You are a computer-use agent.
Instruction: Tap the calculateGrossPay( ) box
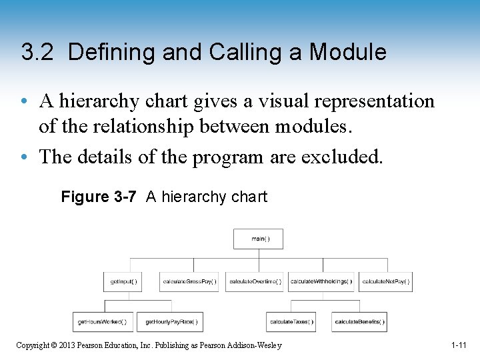click(189, 281)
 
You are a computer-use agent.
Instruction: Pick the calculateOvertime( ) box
click(255, 281)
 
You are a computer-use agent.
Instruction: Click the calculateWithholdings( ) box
click(321, 281)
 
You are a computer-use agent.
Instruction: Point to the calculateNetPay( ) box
click(386, 281)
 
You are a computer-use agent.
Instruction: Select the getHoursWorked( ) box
click(101, 322)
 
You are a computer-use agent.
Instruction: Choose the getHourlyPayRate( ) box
click(171, 322)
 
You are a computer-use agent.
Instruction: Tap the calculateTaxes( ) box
click(291, 322)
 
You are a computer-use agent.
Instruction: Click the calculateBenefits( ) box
click(359, 322)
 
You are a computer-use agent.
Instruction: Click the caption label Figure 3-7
click(99, 197)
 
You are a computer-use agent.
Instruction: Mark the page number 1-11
click(458, 345)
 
